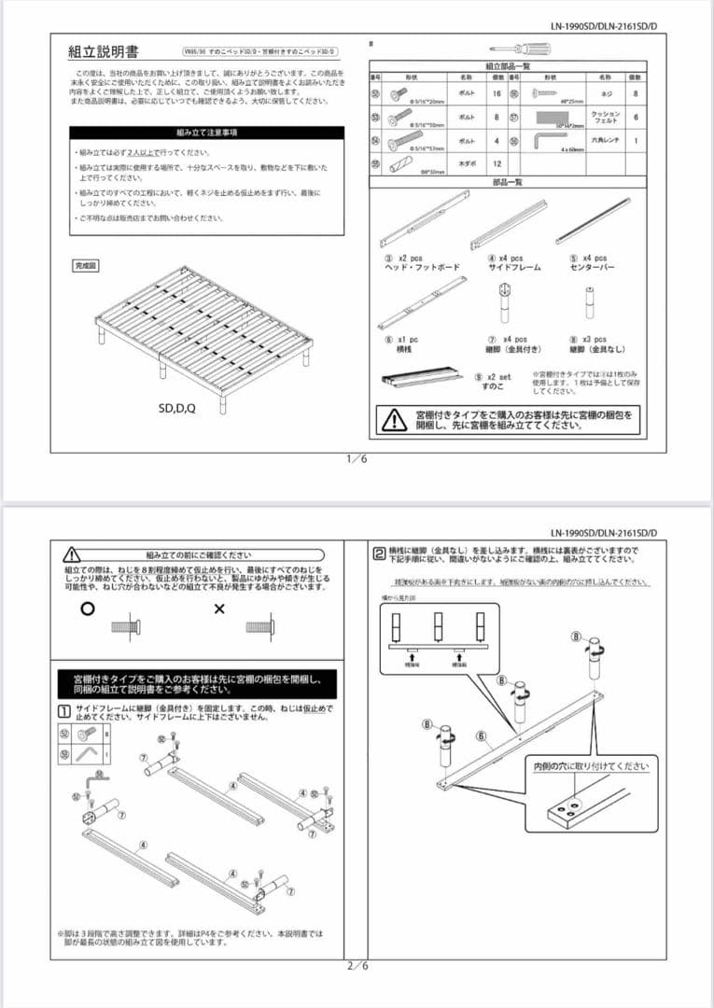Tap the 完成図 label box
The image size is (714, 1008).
(86, 266)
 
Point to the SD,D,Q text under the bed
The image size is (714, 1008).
(179, 408)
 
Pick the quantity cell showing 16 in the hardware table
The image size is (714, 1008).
(497, 94)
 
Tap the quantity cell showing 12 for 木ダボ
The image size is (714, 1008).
(497, 163)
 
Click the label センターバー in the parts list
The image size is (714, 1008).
(588, 267)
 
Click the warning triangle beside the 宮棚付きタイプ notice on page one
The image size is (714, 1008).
(394, 419)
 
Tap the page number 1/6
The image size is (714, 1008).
(357, 459)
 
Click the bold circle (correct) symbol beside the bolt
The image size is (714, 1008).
(88, 609)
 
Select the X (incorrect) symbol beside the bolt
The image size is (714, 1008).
(220, 609)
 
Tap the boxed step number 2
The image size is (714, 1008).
(378, 552)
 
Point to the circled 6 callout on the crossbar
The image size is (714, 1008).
(483, 736)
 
